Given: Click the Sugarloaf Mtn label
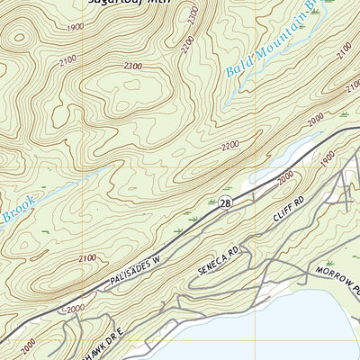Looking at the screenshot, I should pos(130,3).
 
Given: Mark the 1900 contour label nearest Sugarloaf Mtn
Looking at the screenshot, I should pos(74,27).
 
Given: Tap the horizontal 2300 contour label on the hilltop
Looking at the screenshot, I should pos(134,66).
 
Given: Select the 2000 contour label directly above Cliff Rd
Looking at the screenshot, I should pos(286,183).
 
